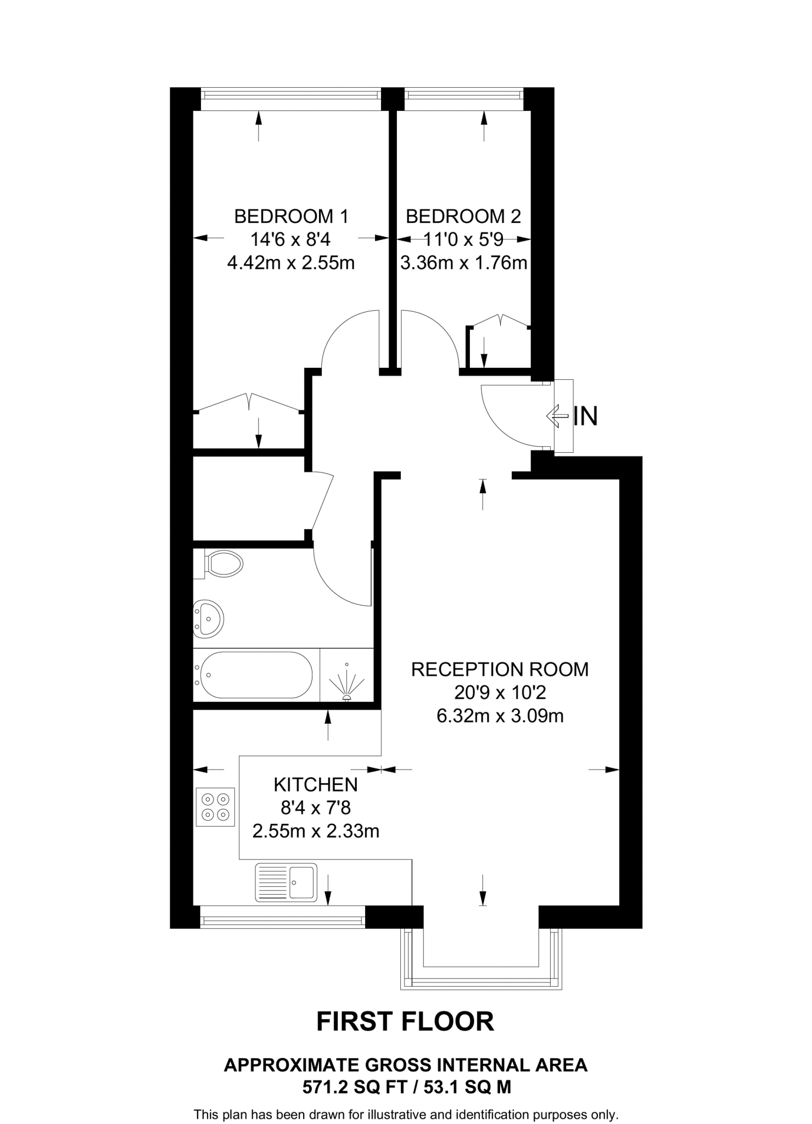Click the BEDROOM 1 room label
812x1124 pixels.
pyautogui.click(x=291, y=217)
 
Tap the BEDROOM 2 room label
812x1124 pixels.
pyautogui.click(x=463, y=217)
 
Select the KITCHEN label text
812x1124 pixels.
pyautogui.click(x=316, y=785)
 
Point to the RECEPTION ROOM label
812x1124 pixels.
pyautogui.click(x=500, y=670)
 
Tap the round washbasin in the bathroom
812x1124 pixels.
pyautogui.click(x=208, y=619)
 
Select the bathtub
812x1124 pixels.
pyautogui.click(x=256, y=675)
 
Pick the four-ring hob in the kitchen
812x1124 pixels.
pyautogui.click(x=215, y=807)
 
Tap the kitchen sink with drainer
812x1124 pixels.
pyautogui.click(x=286, y=883)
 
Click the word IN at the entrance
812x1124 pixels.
pyautogui.click(x=585, y=417)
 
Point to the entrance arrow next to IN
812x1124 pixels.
pyautogui.click(x=557, y=416)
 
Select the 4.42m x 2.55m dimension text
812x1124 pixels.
pyautogui.click(x=291, y=263)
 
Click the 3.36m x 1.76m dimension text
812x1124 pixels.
pyautogui.click(x=463, y=263)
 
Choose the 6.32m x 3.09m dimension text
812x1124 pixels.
pyautogui.click(x=500, y=716)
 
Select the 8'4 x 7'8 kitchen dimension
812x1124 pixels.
pyautogui.click(x=316, y=808)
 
